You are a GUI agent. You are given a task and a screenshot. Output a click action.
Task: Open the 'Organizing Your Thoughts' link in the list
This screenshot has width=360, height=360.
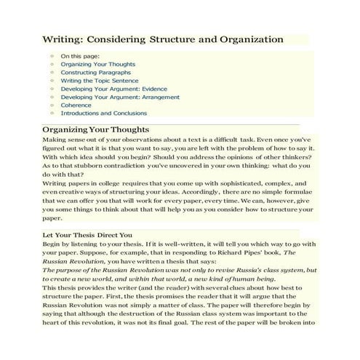point(88,64)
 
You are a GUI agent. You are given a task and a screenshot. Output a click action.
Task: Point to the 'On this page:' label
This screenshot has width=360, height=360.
point(80,55)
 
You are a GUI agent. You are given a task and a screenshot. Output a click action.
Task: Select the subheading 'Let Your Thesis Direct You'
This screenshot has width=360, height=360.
point(87,235)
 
